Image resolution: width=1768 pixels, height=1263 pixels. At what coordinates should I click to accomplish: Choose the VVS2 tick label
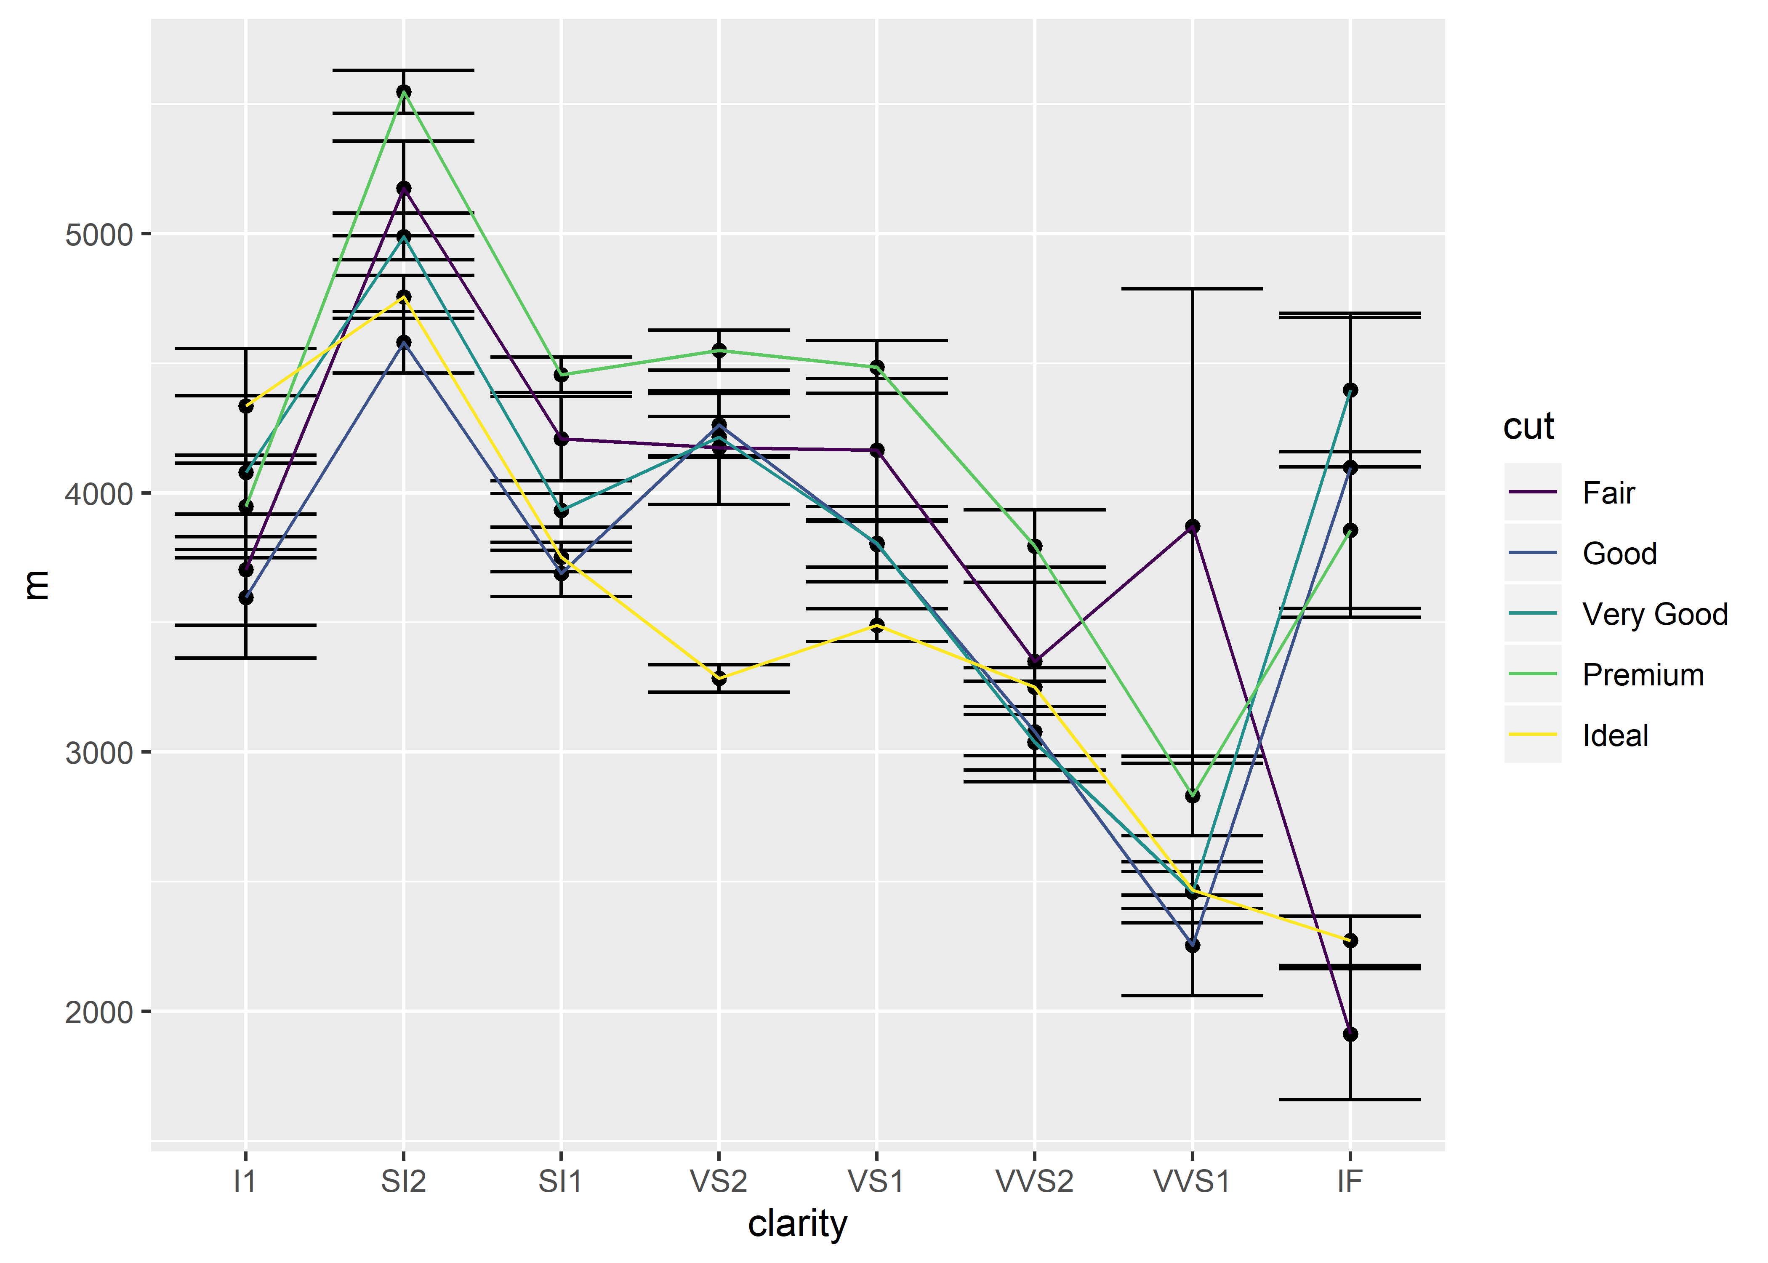point(1034,1181)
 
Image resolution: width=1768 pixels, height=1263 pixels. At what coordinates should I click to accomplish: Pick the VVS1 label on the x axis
point(1191,1181)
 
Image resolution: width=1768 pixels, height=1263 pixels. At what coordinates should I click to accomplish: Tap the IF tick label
point(1350,1181)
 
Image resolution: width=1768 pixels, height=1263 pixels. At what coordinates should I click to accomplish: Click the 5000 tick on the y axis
point(99,234)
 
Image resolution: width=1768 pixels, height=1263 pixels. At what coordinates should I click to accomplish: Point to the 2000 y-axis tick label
point(99,1013)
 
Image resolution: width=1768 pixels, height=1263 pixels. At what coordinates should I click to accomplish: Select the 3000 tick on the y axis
point(99,753)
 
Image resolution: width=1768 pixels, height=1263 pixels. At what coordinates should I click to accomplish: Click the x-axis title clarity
point(797,1224)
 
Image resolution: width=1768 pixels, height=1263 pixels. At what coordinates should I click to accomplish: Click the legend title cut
point(1528,426)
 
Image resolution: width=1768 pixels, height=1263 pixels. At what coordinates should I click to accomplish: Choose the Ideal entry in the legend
point(1615,735)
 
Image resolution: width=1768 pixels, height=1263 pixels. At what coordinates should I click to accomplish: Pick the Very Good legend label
point(1654,614)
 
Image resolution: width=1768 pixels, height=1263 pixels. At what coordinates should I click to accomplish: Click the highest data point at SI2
point(404,92)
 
